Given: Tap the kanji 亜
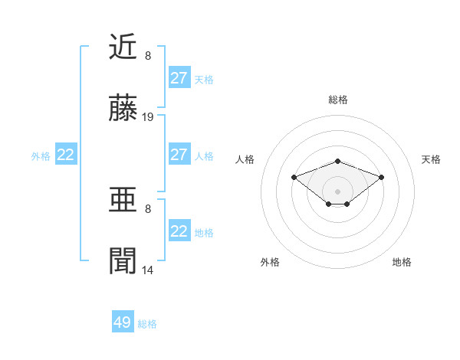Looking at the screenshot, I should coord(123,201).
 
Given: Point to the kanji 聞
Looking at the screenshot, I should coord(123,261).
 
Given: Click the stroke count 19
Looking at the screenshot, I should coord(149,117).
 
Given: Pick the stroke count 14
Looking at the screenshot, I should coord(149,270).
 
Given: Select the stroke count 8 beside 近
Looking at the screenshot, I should coord(148,56).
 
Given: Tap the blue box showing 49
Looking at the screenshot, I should coord(123,322).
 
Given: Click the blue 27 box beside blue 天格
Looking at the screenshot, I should coord(179,77).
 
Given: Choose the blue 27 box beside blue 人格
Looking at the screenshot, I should coord(179,155).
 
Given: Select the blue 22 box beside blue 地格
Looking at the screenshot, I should coord(179,231).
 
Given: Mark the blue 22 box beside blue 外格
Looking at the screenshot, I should coord(66,155).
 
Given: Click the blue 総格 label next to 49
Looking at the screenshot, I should coord(147,324).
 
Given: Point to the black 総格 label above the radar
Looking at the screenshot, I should coord(337,100).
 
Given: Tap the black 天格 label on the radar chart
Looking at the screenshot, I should coord(431,159).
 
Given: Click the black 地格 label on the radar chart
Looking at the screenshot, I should coord(402,262).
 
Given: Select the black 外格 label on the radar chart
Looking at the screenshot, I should coord(270,262).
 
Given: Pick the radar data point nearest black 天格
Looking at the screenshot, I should coord(381,177).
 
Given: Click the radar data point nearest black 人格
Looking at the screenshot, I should coord(294,177).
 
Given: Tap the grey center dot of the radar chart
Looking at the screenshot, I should coord(337,191).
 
